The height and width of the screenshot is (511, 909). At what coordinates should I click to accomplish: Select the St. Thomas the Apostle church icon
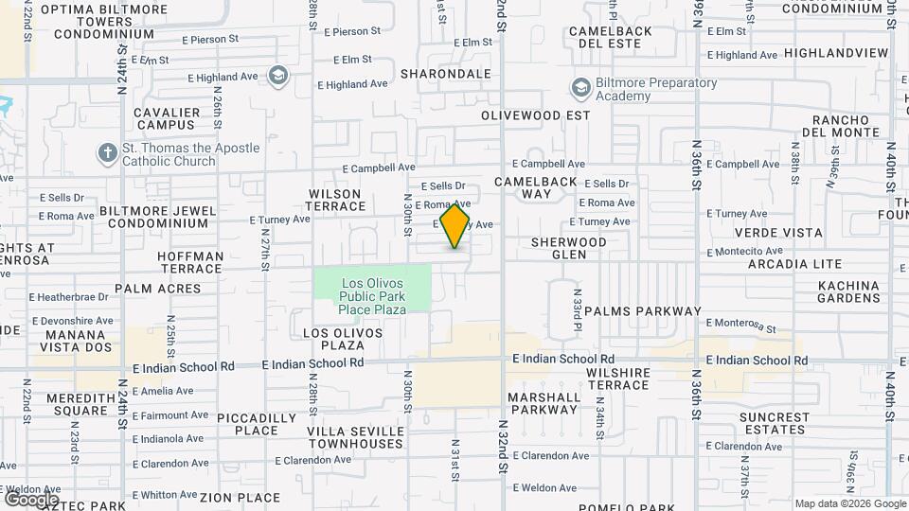pyautogui.click(x=107, y=153)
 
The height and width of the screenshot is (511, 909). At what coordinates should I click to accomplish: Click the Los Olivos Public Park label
pyautogui.click(x=372, y=295)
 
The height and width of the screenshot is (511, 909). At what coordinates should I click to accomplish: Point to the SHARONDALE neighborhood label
pyautogui.click(x=446, y=73)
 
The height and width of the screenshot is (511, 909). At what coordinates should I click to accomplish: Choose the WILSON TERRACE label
pyautogui.click(x=336, y=200)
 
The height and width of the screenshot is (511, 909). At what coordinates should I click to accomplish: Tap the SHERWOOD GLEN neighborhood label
pyautogui.click(x=568, y=248)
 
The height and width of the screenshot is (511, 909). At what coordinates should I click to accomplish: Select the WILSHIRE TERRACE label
pyautogui.click(x=617, y=379)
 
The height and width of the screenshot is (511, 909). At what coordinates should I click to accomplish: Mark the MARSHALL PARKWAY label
pyautogui.click(x=544, y=403)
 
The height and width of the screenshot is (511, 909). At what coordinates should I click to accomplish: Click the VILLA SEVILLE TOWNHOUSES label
pyautogui.click(x=355, y=437)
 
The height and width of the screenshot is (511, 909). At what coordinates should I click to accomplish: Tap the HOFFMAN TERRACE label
pyautogui.click(x=190, y=262)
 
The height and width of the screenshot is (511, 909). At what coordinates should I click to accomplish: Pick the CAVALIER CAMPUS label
pyautogui.click(x=167, y=118)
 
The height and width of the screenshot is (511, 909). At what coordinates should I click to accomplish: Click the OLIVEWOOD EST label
pyautogui.click(x=535, y=115)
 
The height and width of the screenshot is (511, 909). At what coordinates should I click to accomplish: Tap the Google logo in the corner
pyautogui.click(x=30, y=499)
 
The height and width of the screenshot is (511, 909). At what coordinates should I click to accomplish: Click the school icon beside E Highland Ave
pyautogui.click(x=277, y=75)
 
